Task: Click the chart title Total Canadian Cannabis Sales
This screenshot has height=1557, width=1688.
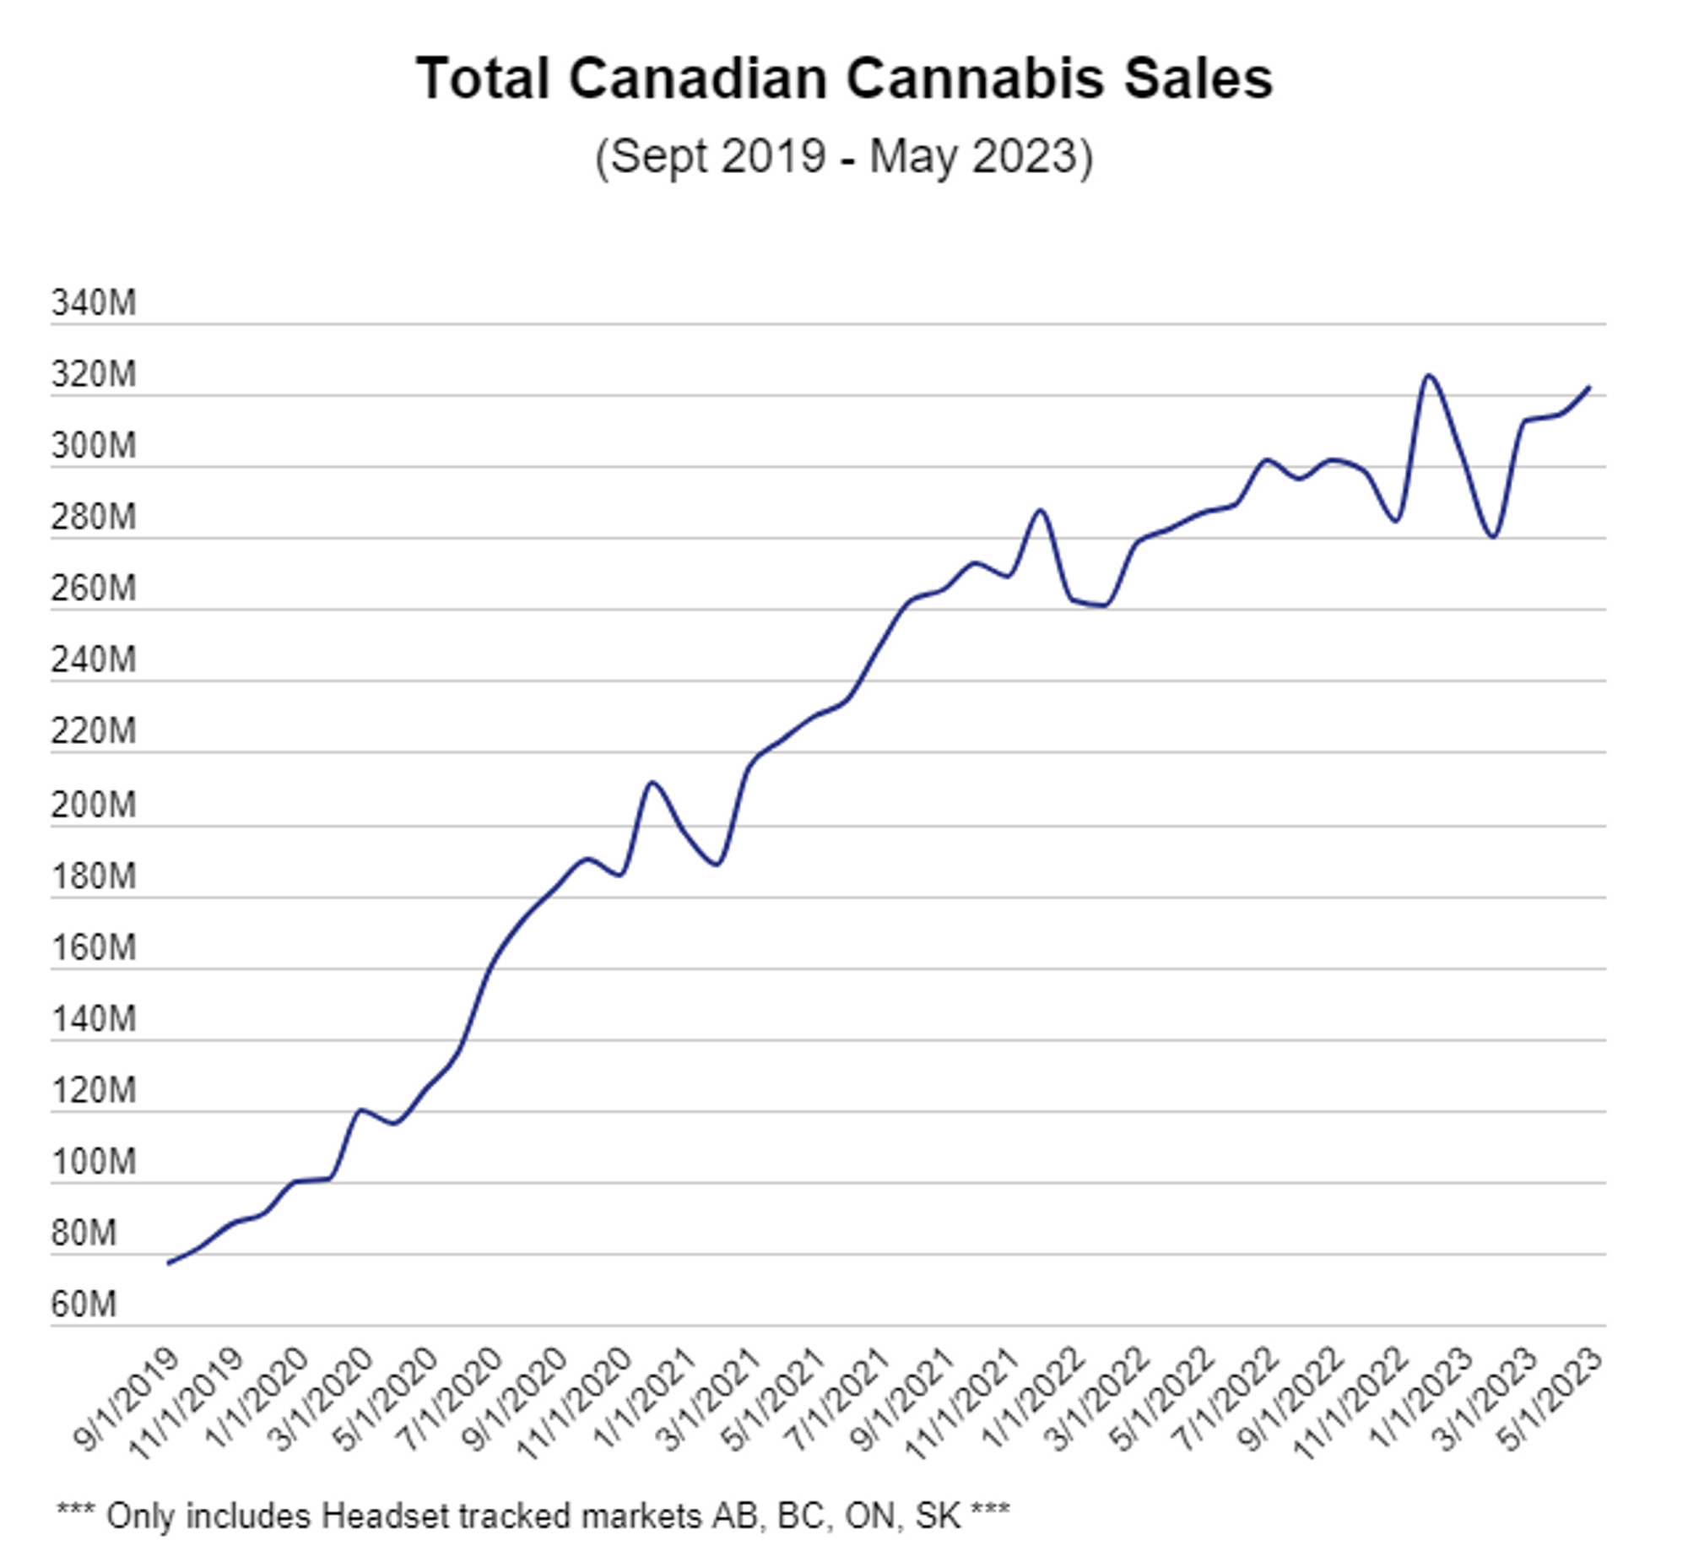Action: (x=844, y=79)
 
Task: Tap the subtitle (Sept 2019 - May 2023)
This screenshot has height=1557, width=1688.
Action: (x=844, y=156)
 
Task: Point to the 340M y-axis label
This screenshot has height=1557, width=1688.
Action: (x=93, y=303)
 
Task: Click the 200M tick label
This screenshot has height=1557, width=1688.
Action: (x=93, y=805)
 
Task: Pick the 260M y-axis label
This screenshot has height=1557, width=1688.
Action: (x=93, y=589)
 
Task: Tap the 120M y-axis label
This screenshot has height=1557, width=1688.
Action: (x=93, y=1090)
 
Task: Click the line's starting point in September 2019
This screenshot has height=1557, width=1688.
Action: (x=169, y=1263)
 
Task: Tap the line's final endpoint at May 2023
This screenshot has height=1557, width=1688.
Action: (x=1589, y=388)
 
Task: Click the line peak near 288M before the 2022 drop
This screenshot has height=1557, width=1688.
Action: (x=1041, y=510)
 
